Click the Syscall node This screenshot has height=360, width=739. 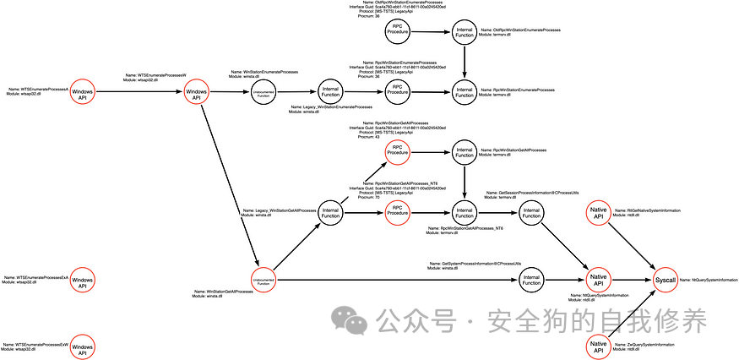(x=665, y=279)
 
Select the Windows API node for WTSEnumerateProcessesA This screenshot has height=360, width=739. (x=83, y=92)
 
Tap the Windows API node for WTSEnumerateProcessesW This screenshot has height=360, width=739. (x=197, y=92)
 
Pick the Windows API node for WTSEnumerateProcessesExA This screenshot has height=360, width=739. (x=83, y=281)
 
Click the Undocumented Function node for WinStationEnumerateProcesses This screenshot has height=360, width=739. (x=264, y=92)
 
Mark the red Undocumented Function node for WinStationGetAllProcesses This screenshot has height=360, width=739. (x=264, y=280)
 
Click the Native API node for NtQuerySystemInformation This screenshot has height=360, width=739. (x=598, y=279)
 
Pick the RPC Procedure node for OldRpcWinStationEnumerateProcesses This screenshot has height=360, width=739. (x=398, y=31)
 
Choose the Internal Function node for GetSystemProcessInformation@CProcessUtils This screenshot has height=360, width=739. (x=531, y=279)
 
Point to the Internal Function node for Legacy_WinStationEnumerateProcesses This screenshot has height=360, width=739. (x=330, y=92)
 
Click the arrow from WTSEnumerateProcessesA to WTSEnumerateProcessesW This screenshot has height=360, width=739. (x=139, y=92)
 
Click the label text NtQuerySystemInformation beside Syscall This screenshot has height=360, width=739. (x=715, y=279)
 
